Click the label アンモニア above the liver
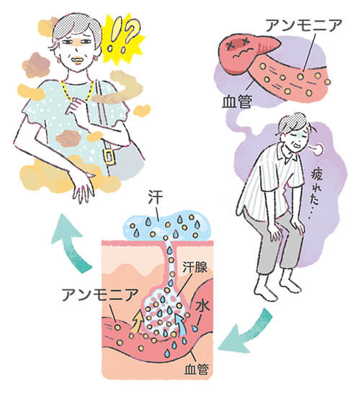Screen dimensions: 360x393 click(x=304, y=25)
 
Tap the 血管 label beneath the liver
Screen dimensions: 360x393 click(x=237, y=101)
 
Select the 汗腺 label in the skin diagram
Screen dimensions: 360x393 click(x=195, y=268)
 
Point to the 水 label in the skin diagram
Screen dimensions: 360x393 click(x=203, y=307)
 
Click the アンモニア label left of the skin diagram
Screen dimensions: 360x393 click(x=100, y=294)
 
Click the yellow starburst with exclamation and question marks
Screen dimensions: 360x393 click(x=123, y=37)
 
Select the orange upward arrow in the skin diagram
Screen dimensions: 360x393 click(x=137, y=321)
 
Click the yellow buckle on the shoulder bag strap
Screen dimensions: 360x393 click(x=109, y=156)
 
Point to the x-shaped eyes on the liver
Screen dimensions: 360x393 click(x=237, y=44)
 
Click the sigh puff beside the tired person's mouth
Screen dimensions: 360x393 click(x=318, y=150)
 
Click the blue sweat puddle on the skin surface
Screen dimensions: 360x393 click(x=166, y=227)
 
